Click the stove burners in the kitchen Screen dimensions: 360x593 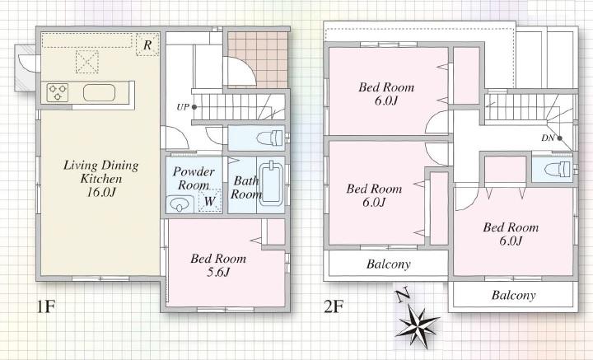(x=58, y=92)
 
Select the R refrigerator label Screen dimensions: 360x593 (x=147, y=44)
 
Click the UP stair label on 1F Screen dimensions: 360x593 (x=181, y=107)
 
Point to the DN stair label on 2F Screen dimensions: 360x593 (x=548, y=138)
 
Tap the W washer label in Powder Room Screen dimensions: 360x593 (x=210, y=200)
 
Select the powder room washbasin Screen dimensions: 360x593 (x=179, y=203)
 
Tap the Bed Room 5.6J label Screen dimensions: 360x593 (x=218, y=265)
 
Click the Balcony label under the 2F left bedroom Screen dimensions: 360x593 (x=388, y=264)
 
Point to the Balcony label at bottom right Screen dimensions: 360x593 (x=513, y=295)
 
